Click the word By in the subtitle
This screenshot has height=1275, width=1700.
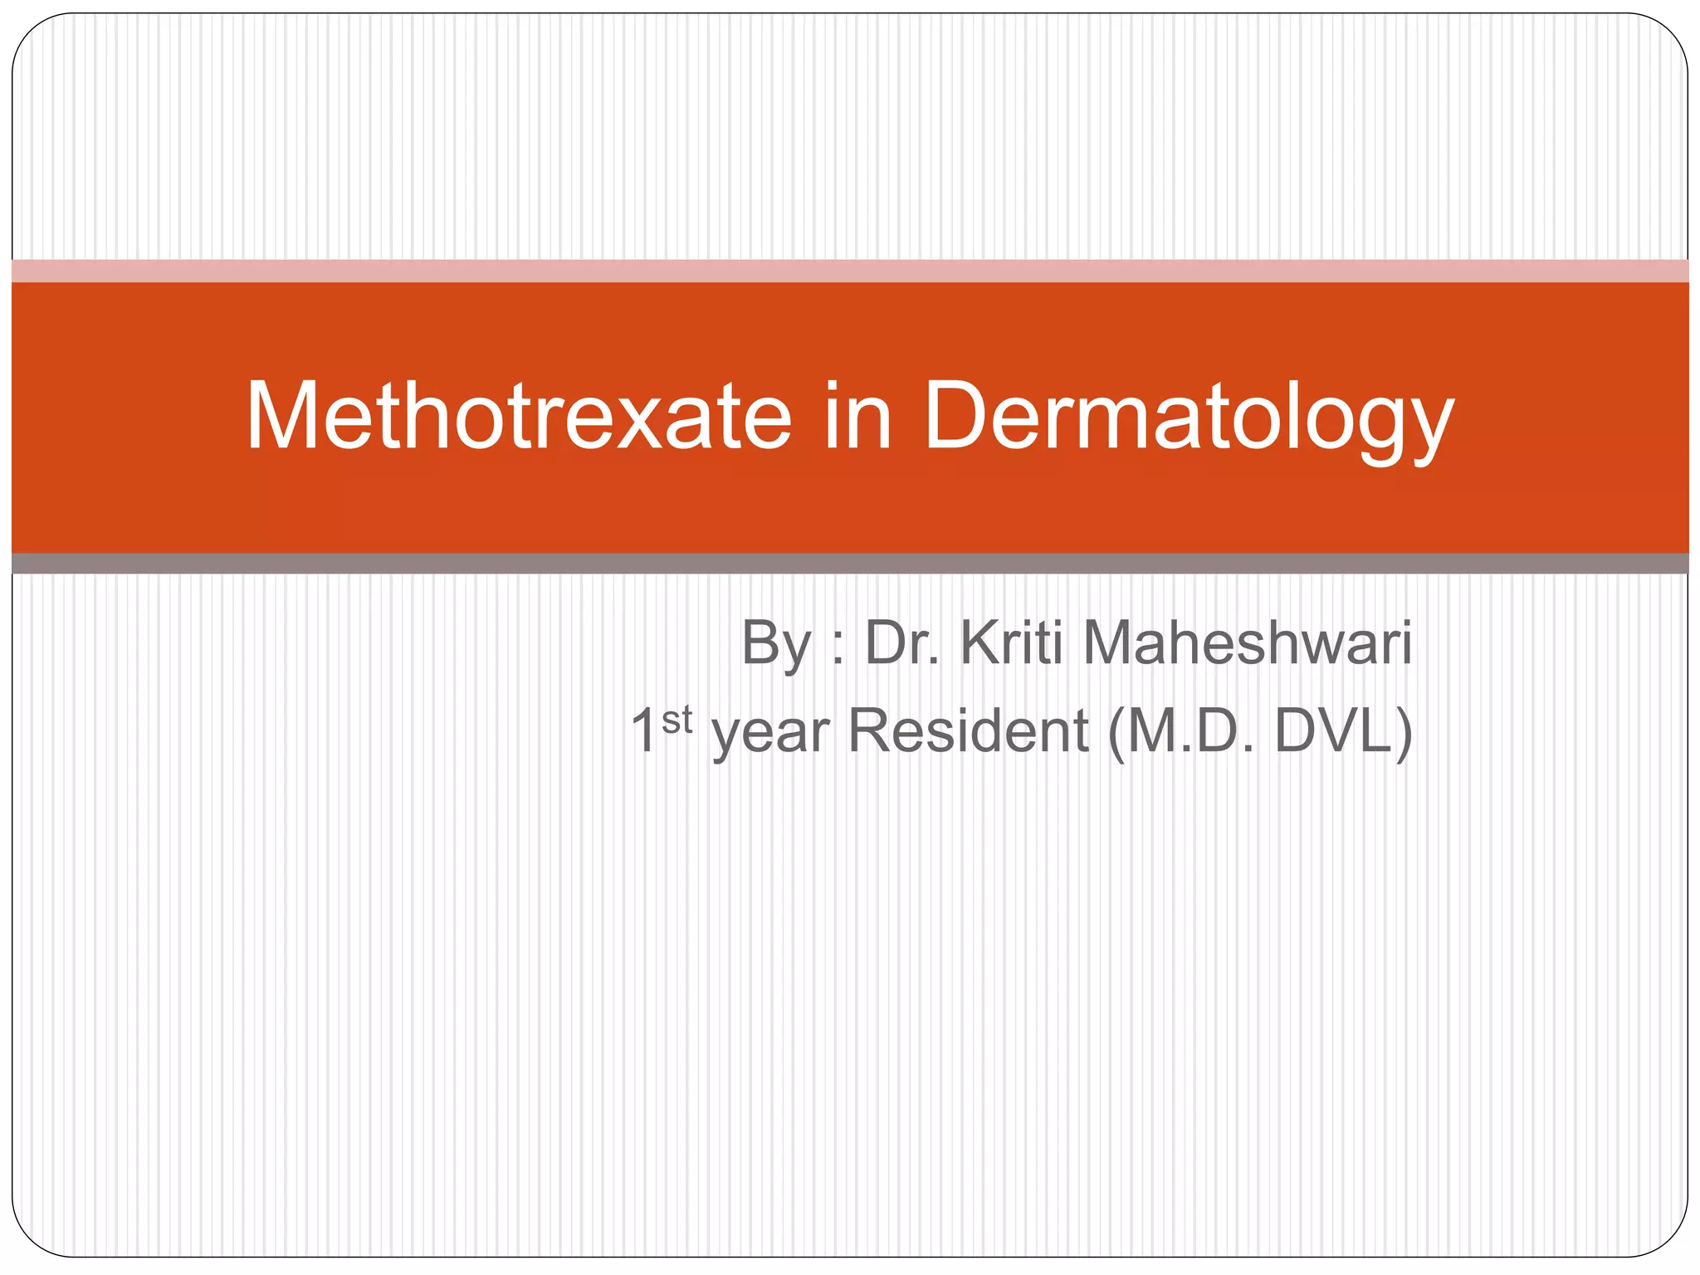tap(775, 644)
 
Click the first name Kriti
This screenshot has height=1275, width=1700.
tap(1012, 642)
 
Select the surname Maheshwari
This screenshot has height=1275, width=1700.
tap(1247, 642)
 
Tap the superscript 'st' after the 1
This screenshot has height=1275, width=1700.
tap(677, 720)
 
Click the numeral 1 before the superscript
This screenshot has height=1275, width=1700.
tap(644, 730)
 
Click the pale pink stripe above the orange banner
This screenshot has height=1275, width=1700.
tap(850, 271)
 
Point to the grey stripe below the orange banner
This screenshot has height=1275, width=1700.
tap(850, 564)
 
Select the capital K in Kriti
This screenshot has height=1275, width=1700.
tap(978, 642)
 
